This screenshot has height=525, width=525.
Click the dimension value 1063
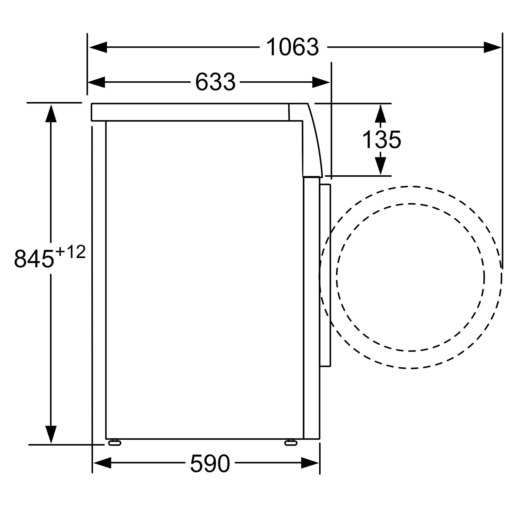[292, 47]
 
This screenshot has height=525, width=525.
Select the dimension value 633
[215, 82]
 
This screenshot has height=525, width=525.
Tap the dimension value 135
[381, 140]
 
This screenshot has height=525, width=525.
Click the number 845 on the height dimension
[34, 259]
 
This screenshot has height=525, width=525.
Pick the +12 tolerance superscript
[70, 252]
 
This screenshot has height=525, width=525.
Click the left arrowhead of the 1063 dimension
[98, 47]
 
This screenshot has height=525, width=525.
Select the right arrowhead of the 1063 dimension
[492, 47]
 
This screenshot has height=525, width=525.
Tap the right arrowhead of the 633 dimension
[321, 82]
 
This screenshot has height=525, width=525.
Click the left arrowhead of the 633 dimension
[96, 82]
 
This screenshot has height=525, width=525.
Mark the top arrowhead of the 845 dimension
[51, 113]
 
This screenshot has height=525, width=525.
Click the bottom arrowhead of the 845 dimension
[51, 434]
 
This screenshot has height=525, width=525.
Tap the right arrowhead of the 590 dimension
[310, 463]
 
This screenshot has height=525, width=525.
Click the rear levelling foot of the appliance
[115, 443]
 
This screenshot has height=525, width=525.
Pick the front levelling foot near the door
[291, 443]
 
